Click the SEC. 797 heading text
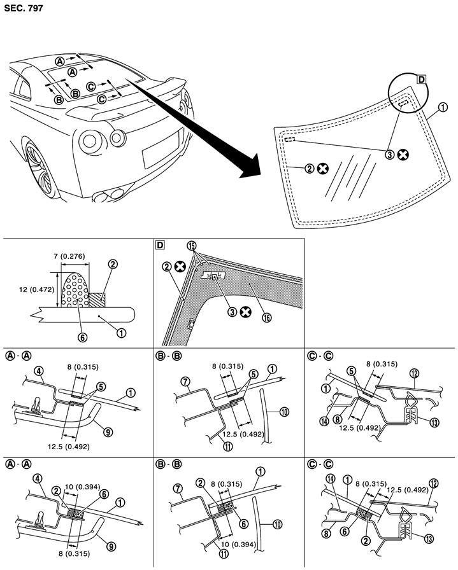24,8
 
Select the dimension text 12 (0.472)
36,289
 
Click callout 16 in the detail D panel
267,317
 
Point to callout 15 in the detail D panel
192,246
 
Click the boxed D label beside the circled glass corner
421,80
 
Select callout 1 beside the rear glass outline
443,108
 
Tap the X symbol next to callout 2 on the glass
322,169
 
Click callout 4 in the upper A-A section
39,371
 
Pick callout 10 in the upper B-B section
284,412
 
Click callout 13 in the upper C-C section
434,422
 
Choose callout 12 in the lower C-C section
434,483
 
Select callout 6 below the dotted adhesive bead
82,337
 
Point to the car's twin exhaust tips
109,195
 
